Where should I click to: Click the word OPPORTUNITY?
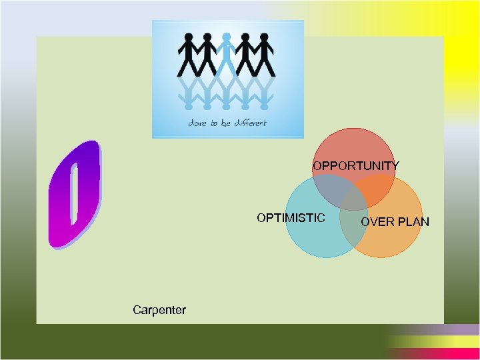[356, 165]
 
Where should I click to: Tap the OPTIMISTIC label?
[291, 217]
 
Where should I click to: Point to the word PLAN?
[413, 221]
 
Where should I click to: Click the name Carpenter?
[159, 309]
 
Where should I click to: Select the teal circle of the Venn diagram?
[310, 233]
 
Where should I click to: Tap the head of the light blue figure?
[227, 37]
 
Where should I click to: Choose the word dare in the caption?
[197, 123]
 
